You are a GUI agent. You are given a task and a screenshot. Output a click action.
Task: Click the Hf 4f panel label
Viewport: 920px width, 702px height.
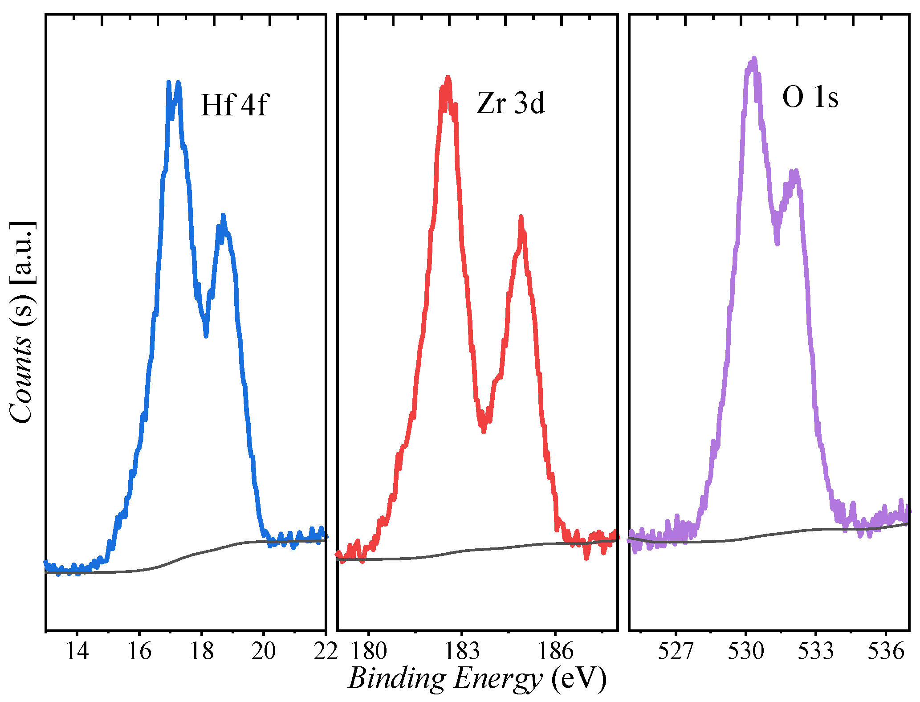(x=235, y=105)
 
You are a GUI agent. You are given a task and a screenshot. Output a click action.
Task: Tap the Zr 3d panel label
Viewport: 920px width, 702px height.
(x=511, y=103)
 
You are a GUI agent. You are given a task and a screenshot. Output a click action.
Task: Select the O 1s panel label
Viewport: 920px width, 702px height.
(x=810, y=97)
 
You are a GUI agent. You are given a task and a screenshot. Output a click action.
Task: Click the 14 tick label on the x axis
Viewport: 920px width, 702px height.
(x=77, y=652)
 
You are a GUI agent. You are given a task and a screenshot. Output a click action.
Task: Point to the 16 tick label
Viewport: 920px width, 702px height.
(x=139, y=652)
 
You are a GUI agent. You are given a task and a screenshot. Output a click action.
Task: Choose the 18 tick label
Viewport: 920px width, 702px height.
(x=202, y=652)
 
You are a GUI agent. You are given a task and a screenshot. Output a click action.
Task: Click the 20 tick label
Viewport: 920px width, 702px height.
(x=264, y=652)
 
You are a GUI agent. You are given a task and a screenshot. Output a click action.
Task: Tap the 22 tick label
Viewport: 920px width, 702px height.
(x=326, y=652)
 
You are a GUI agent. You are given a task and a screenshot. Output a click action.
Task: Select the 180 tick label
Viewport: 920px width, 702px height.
(x=369, y=652)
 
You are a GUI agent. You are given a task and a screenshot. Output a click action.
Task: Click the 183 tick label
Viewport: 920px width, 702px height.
(x=462, y=652)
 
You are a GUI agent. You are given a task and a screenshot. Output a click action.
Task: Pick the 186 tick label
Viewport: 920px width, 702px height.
(x=555, y=652)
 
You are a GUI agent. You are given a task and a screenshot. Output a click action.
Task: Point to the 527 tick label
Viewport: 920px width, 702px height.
(x=676, y=652)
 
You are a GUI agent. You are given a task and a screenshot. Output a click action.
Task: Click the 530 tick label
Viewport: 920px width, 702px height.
(x=746, y=652)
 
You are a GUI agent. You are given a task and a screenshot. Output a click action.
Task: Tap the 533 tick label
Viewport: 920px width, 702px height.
(x=815, y=652)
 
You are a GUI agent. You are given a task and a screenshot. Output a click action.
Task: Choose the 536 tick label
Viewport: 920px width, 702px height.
(x=886, y=652)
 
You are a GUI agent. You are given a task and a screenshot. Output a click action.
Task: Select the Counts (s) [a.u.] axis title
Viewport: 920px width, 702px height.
(x=21, y=322)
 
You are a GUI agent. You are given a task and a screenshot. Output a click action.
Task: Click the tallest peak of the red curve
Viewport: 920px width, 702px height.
(x=448, y=78)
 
